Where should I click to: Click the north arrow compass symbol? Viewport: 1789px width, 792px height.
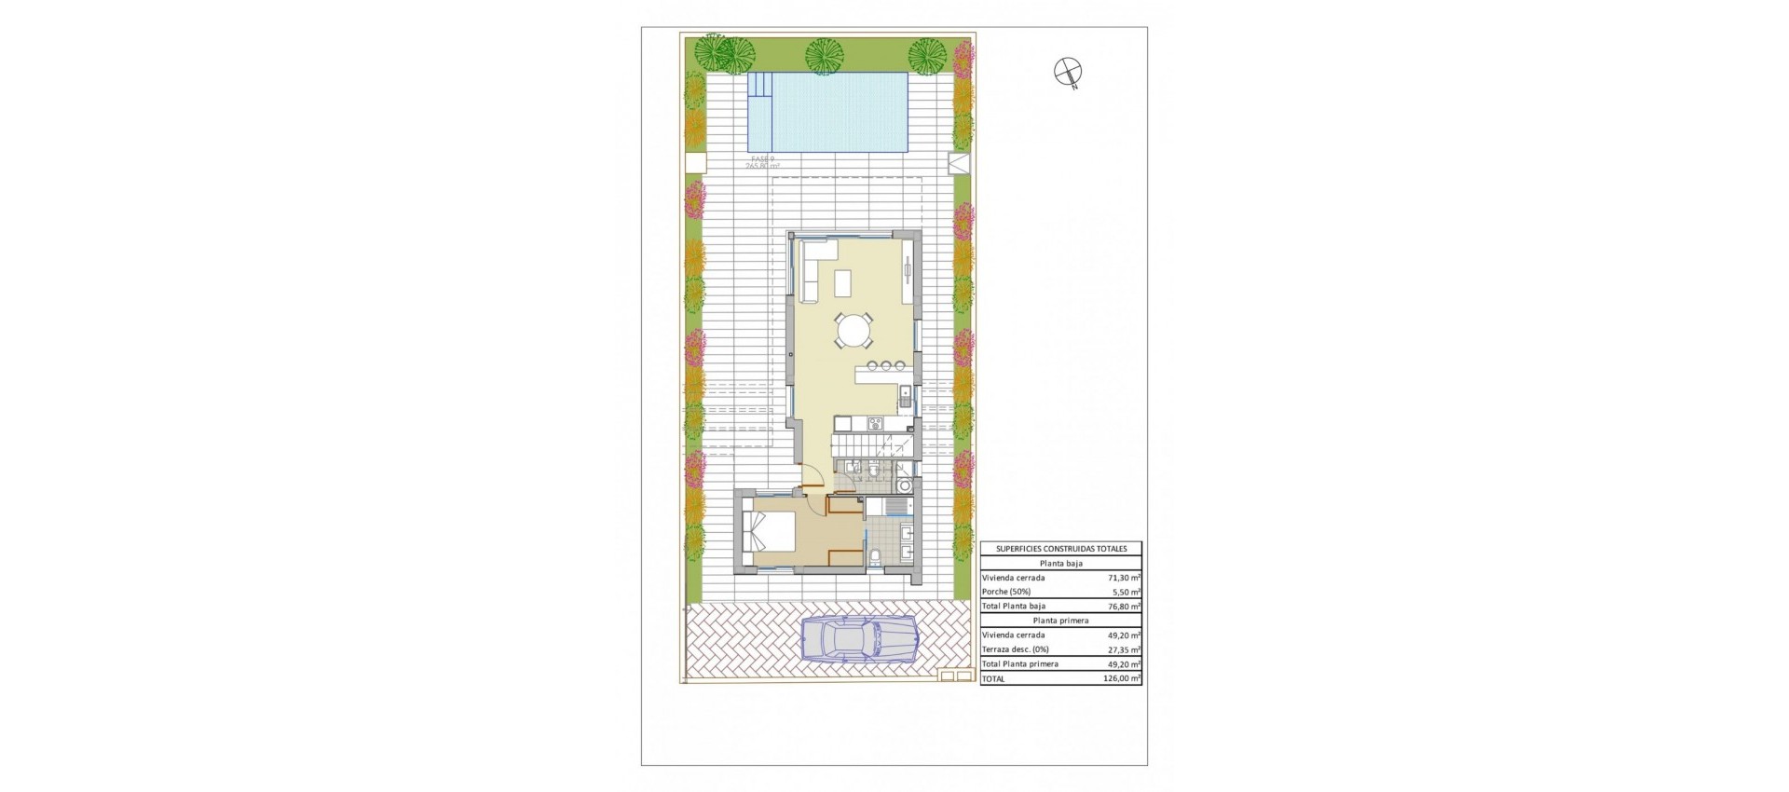(1066, 71)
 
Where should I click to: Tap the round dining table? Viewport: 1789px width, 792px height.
(854, 330)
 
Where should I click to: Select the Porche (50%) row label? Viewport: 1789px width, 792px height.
(1005, 592)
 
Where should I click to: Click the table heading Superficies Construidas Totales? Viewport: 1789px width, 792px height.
(1061, 549)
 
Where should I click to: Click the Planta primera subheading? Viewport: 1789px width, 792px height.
(1061, 621)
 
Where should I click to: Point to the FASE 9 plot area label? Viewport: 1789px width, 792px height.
(763, 163)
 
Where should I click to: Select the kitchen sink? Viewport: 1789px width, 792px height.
(904, 397)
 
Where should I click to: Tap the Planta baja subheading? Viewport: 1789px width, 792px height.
(1061, 564)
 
